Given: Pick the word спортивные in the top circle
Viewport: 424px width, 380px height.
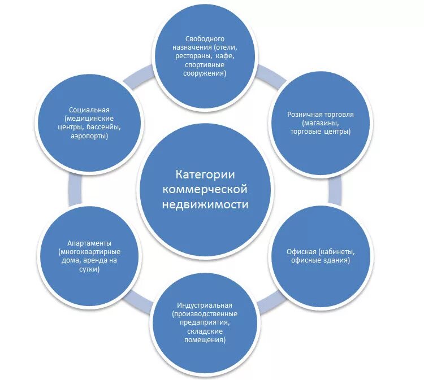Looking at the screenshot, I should point(205,65).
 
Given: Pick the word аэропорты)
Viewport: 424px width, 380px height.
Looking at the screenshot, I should point(89,136).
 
